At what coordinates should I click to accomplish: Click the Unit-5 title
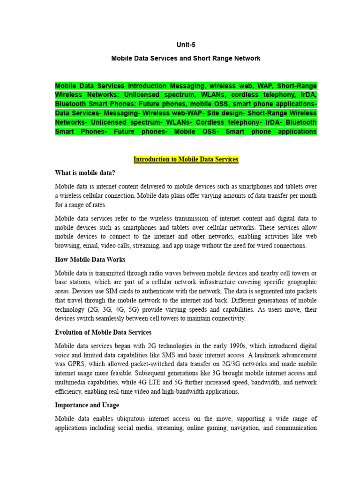(x=186, y=45)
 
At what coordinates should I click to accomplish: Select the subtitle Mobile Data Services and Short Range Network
(x=186, y=59)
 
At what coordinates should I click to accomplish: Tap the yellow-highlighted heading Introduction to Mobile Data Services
(x=186, y=159)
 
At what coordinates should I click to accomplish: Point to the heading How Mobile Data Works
(x=90, y=260)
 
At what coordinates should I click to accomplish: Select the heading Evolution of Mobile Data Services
(x=103, y=332)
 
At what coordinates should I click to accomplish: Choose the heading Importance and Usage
(x=87, y=405)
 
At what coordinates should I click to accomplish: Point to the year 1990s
(x=252, y=346)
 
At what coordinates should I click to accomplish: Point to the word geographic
(x=300, y=282)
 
